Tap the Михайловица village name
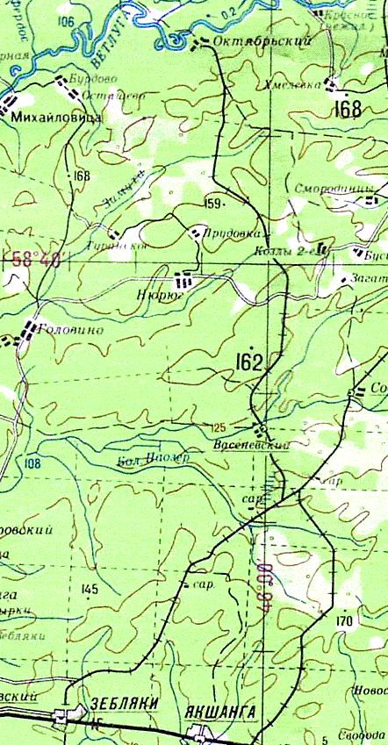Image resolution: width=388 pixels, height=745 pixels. click(56, 115)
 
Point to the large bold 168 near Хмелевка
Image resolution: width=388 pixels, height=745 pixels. click(348, 109)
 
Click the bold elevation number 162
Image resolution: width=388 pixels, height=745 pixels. click(249, 362)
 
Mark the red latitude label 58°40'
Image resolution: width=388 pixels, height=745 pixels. click(36, 260)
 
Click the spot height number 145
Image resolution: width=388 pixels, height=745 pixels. click(89, 589)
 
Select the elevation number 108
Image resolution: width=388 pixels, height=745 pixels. click(33, 463)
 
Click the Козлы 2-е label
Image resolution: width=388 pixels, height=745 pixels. click(284, 250)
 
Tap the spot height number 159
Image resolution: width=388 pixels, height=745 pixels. click(212, 204)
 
